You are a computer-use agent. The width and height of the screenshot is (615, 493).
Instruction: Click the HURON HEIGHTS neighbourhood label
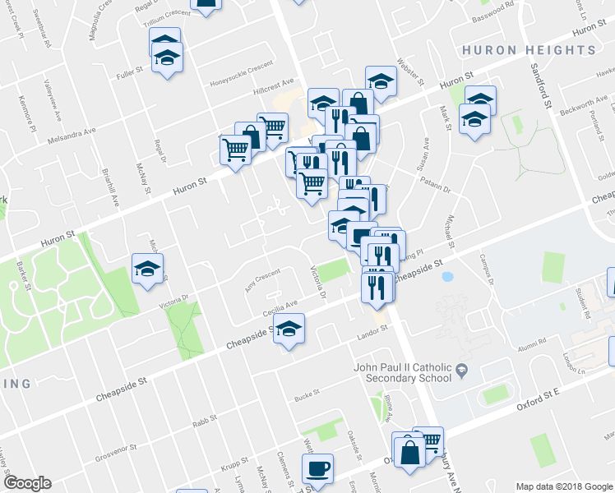pos(529,50)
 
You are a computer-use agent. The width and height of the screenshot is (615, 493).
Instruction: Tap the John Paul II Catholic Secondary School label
pos(402,372)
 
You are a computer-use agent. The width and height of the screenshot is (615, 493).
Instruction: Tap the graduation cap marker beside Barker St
pos(148,268)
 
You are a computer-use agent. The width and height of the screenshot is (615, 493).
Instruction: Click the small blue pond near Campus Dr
pos(447,277)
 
